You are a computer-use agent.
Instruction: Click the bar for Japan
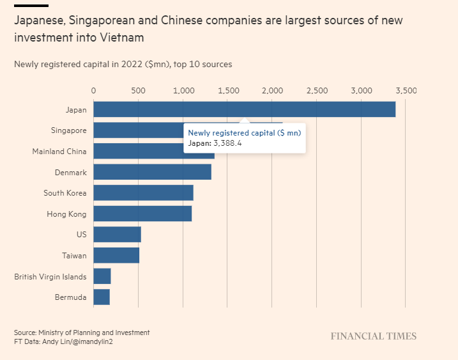click(244, 109)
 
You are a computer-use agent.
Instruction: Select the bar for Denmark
click(152, 172)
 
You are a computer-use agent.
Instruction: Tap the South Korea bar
click(143, 192)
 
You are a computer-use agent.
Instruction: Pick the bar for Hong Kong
click(142, 214)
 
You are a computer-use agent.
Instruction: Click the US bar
click(117, 234)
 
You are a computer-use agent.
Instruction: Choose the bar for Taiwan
click(116, 255)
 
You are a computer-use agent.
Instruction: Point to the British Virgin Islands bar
click(102, 276)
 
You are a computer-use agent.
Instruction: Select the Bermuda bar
click(102, 297)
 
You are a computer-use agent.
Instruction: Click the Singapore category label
click(68, 130)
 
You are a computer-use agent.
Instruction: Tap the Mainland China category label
click(59, 152)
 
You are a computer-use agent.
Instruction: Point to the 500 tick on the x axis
click(138, 91)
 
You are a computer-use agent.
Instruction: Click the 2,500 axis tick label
click(317, 91)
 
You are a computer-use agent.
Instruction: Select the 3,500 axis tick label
click(406, 91)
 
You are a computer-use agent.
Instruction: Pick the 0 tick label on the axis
click(94, 91)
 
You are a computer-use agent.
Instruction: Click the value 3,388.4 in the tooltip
click(228, 143)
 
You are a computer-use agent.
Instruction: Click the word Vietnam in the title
click(123, 38)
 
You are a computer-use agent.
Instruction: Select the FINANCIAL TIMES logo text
click(373, 336)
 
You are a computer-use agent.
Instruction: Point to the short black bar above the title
click(31, 6)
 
